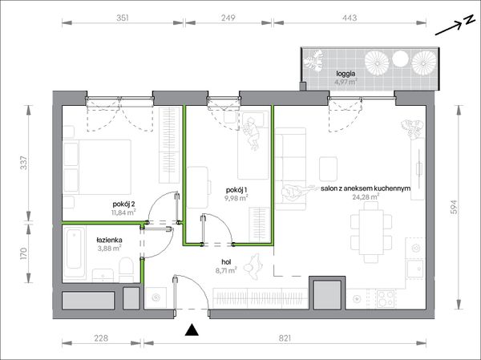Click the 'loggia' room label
[x=346, y=74]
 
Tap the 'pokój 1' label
[x=236, y=190]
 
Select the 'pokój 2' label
[x=124, y=204]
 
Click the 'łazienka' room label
[x=109, y=240]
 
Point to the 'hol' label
[x=226, y=262]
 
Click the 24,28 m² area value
[x=366, y=197]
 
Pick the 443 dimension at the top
[x=350, y=18]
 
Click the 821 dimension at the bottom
[x=285, y=338]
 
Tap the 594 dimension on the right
[x=454, y=207]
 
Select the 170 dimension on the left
[x=23, y=254]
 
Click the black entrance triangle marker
[x=192, y=330]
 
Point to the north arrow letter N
[x=468, y=20]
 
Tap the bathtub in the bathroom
[x=74, y=253]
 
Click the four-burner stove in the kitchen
[x=386, y=299]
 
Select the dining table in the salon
[x=371, y=232]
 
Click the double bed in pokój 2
[x=97, y=167]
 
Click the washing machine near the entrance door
[x=156, y=297]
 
